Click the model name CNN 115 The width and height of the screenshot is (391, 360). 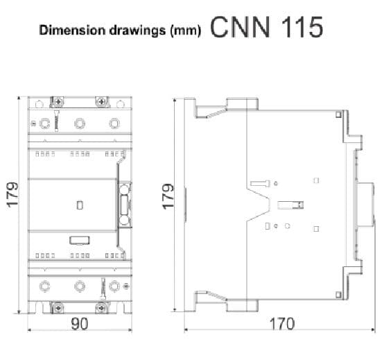coord(266,28)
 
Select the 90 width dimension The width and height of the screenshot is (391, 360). coord(80,324)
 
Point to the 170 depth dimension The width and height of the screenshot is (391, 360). coord(281,324)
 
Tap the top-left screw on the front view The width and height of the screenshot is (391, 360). coord(58,102)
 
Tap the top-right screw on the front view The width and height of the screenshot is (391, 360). coord(103,102)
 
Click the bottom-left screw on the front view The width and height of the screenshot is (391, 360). coord(58,306)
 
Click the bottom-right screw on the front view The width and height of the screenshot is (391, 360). coord(103,306)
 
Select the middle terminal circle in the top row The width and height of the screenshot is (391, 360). coord(80,123)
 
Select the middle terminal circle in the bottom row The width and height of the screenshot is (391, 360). coord(80,284)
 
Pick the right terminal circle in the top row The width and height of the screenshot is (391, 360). coord(114,123)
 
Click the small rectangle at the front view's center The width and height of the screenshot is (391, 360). coord(80,205)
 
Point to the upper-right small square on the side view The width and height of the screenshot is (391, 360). coord(316,180)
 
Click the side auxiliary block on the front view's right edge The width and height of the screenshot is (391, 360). coord(125,205)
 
